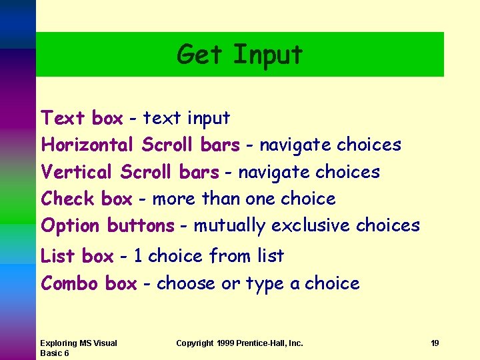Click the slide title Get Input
(x=239, y=54)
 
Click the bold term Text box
(x=82, y=119)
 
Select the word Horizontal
(x=88, y=145)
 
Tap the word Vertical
(x=77, y=172)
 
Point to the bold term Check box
(x=87, y=199)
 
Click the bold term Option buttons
(x=107, y=226)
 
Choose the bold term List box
(x=77, y=256)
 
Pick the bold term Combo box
(x=89, y=283)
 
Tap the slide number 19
(x=435, y=343)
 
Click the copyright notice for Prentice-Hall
(x=239, y=343)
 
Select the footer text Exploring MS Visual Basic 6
(x=78, y=348)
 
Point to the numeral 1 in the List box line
(x=137, y=256)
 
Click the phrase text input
(x=187, y=119)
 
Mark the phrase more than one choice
(x=244, y=199)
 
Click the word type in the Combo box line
(x=265, y=284)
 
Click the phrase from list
(x=246, y=256)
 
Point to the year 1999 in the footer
(x=225, y=343)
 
